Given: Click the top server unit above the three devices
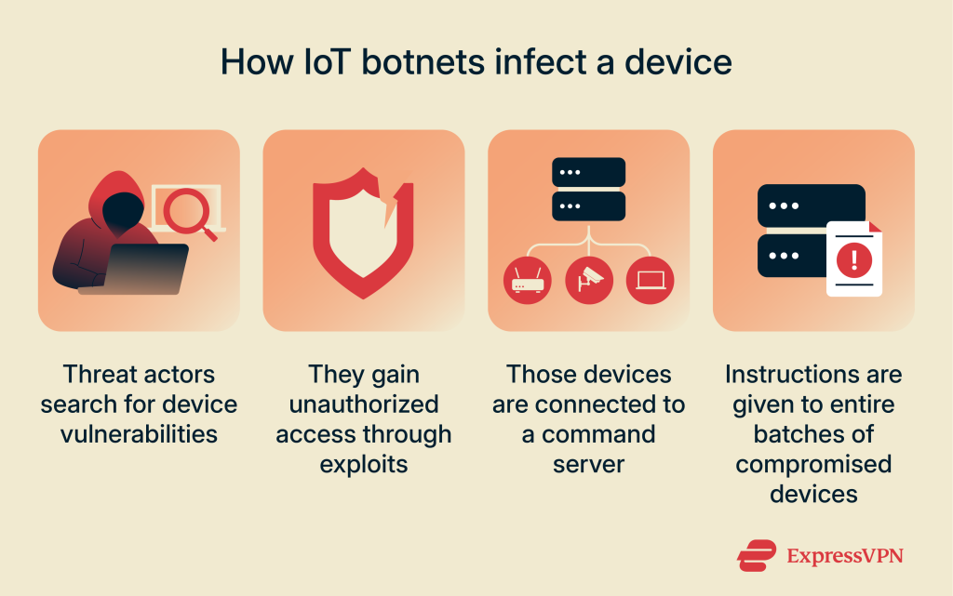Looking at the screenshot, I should point(588,174).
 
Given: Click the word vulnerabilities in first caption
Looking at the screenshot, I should point(138,434).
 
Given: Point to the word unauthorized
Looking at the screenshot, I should point(364,404).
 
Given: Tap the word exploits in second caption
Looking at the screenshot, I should point(364,463).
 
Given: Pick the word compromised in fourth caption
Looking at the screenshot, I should point(813,463).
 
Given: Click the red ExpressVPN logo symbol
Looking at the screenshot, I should point(757,555).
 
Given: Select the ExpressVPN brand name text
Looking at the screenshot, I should point(845,556).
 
